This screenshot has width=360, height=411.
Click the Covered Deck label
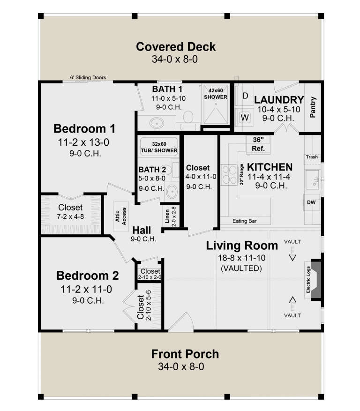(x=176, y=47)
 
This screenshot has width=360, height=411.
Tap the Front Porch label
(x=185, y=354)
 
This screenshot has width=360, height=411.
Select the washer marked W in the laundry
(x=245, y=117)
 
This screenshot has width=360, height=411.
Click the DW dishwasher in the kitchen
(x=311, y=202)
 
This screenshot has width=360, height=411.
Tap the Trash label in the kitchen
(x=312, y=157)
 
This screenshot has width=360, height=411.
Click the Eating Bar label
(x=245, y=221)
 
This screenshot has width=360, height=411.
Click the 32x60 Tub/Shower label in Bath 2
(x=158, y=147)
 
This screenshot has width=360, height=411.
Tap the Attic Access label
(x=121, y=216)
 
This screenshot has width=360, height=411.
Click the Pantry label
(x=313, y=106)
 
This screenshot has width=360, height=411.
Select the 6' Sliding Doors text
(x=87, y=77)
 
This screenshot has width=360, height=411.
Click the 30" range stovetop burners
(x=230, y=174)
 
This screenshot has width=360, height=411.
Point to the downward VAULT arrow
(x=292, y=256)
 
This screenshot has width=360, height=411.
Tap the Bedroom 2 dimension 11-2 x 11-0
(x=86, y=289)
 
